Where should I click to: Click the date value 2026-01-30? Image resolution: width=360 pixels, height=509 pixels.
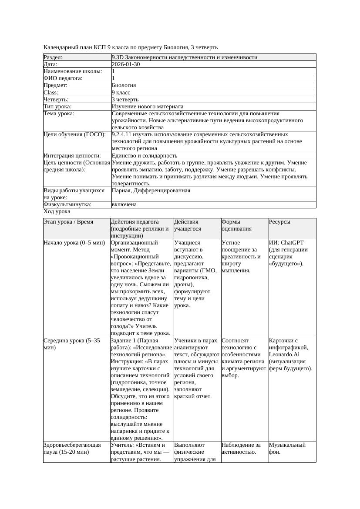coord(126,64)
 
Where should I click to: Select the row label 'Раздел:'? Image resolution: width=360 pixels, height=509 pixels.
coord(53,57)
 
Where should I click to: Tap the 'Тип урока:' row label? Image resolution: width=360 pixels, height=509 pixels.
coord(57,107)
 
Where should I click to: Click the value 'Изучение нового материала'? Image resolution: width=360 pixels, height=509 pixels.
coord(148,107)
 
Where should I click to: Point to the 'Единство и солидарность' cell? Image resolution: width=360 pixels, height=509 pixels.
coord(145,156)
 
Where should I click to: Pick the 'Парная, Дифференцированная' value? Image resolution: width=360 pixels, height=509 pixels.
coord(151,191)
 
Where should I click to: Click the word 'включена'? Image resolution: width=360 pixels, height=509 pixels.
coord(124,204)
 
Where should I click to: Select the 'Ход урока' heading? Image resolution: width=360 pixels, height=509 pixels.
coord(57,211)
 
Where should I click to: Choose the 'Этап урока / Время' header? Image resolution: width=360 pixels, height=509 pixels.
coord(68,222)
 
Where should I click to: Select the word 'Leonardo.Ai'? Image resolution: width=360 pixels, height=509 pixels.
coord(284,355)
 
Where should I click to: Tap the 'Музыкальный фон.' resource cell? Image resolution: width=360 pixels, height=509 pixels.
coord(287,449)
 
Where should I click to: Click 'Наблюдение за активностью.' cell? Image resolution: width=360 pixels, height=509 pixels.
coord(241,449)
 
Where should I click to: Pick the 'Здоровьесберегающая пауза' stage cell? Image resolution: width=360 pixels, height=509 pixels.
coord(72,449)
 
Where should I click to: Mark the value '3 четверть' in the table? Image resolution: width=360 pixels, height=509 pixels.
coord(125,100)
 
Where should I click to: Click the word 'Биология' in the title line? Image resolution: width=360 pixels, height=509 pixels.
coord(176,47)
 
